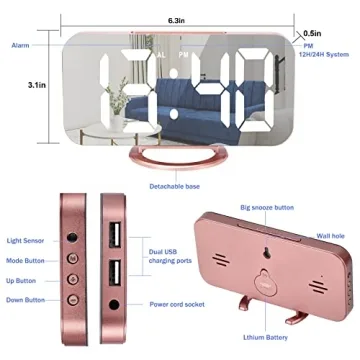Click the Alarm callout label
click(20, 46)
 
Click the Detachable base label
click(174, 187)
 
